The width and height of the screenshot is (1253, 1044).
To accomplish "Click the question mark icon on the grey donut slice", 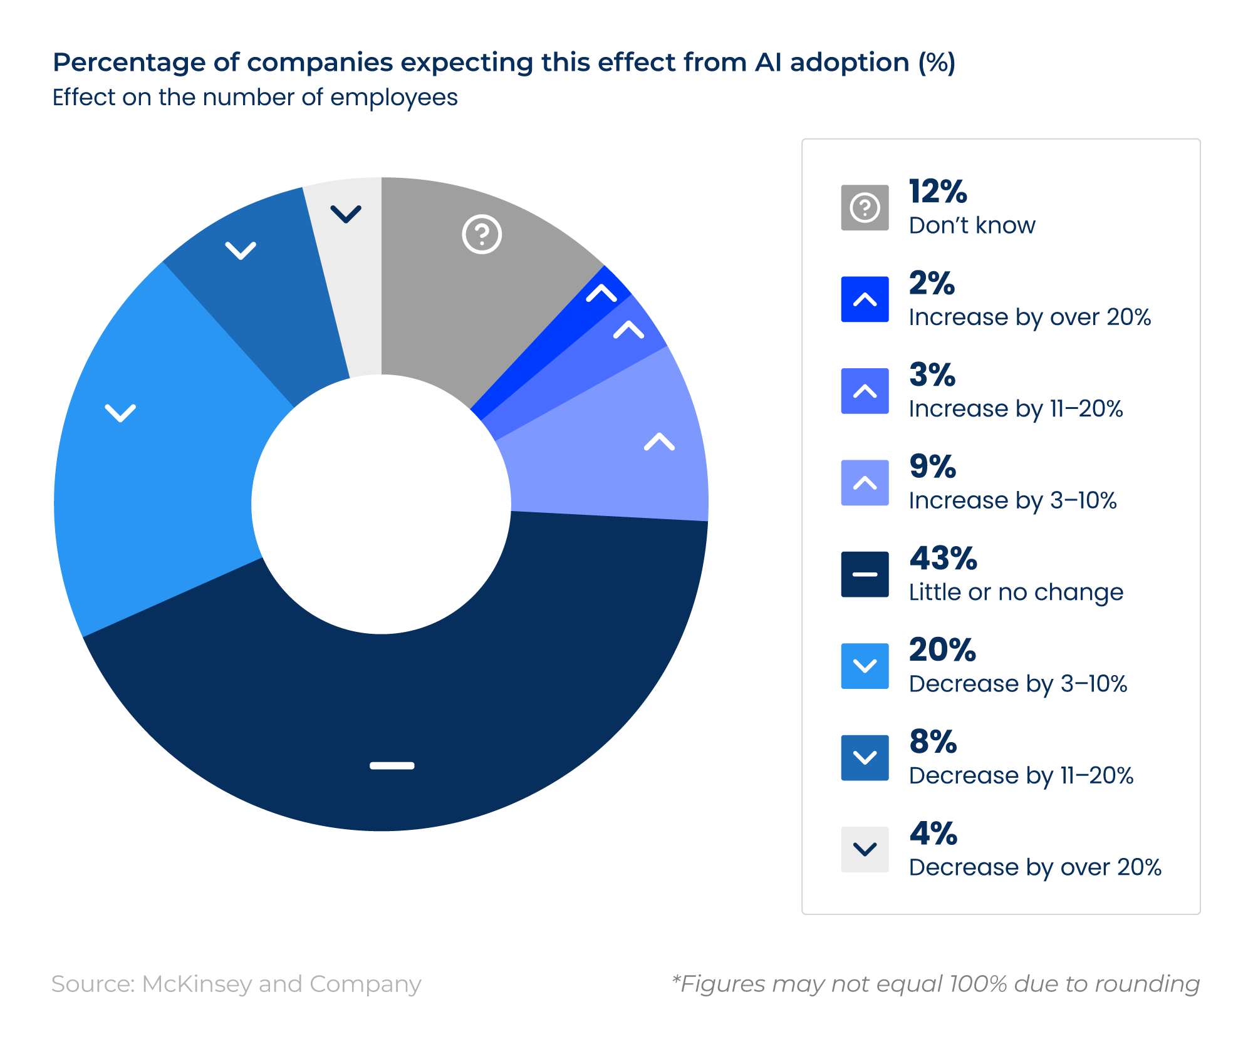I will click(x=482, y=234).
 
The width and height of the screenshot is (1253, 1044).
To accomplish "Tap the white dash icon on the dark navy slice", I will click(x=392, y=765).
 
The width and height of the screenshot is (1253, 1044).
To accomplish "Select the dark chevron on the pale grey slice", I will click(x=346, y=214).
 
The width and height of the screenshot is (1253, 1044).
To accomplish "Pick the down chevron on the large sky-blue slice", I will click(x=120, y=413).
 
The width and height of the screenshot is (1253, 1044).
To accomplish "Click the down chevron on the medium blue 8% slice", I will click(x=241, y=251).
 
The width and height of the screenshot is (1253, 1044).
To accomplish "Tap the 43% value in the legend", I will click(x=943, y=558).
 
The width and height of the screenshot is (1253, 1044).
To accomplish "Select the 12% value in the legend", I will click(x=938, y=191).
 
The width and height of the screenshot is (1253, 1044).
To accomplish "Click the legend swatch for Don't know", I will click(x=865, y=207).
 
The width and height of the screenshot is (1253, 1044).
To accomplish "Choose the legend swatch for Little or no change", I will click(x=865, y=574).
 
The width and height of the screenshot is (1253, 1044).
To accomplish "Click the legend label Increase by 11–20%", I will click(x=1016, y=409).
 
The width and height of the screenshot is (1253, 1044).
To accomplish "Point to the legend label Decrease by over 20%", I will click(x=1035, y=867).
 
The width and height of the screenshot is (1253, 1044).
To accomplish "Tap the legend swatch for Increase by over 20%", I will click(x=865, y=299).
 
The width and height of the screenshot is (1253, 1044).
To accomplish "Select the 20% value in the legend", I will click(x=942, y=649).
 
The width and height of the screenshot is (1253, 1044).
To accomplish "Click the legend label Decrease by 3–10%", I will click(x=1018, y=684).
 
